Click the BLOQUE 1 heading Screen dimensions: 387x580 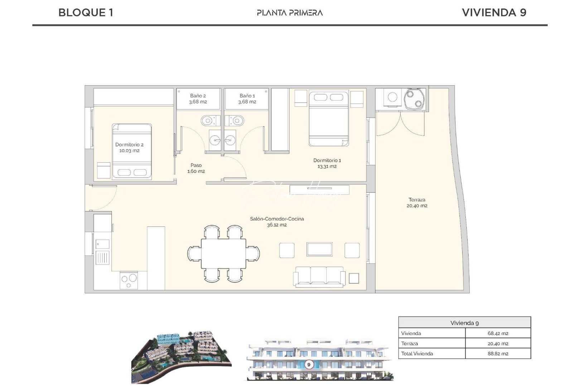click(x=86, y=13)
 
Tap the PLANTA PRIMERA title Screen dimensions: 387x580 click(x=290, y=13)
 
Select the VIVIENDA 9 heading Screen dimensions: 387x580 click(x=494, y=13)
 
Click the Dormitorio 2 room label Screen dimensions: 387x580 click(x=129, y=148)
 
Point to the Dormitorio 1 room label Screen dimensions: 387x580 click(x=327, y=163)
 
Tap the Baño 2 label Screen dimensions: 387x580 click(x=198, y=99)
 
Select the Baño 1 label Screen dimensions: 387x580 click(x=247, y=99)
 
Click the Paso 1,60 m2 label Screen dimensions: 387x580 click(x=196, y=168)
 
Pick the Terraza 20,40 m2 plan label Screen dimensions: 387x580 click(x=417, y=203)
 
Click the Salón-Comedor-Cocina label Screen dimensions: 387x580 click(x=277, y=221)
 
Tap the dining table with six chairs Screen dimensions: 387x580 click(x=223, y=253)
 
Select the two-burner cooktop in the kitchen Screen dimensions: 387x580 click(x=129, y=280)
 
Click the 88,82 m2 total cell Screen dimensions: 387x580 click(x=498, y=353)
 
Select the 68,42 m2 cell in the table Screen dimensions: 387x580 click(x=498, y=333)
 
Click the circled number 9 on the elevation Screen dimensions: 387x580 click(x=309, y=364)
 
